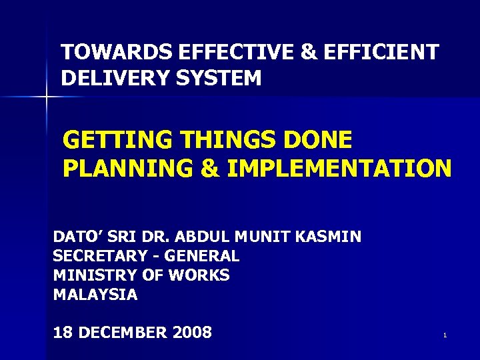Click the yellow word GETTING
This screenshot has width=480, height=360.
tap(114, 141)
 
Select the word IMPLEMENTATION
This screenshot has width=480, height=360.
tap(339, 169)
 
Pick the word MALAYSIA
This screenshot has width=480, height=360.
tap(95, 295)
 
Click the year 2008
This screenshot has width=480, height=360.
tap(192, 332)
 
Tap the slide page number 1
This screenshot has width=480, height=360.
tap(444, 335)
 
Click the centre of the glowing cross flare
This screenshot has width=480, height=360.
tap(47, 98)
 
